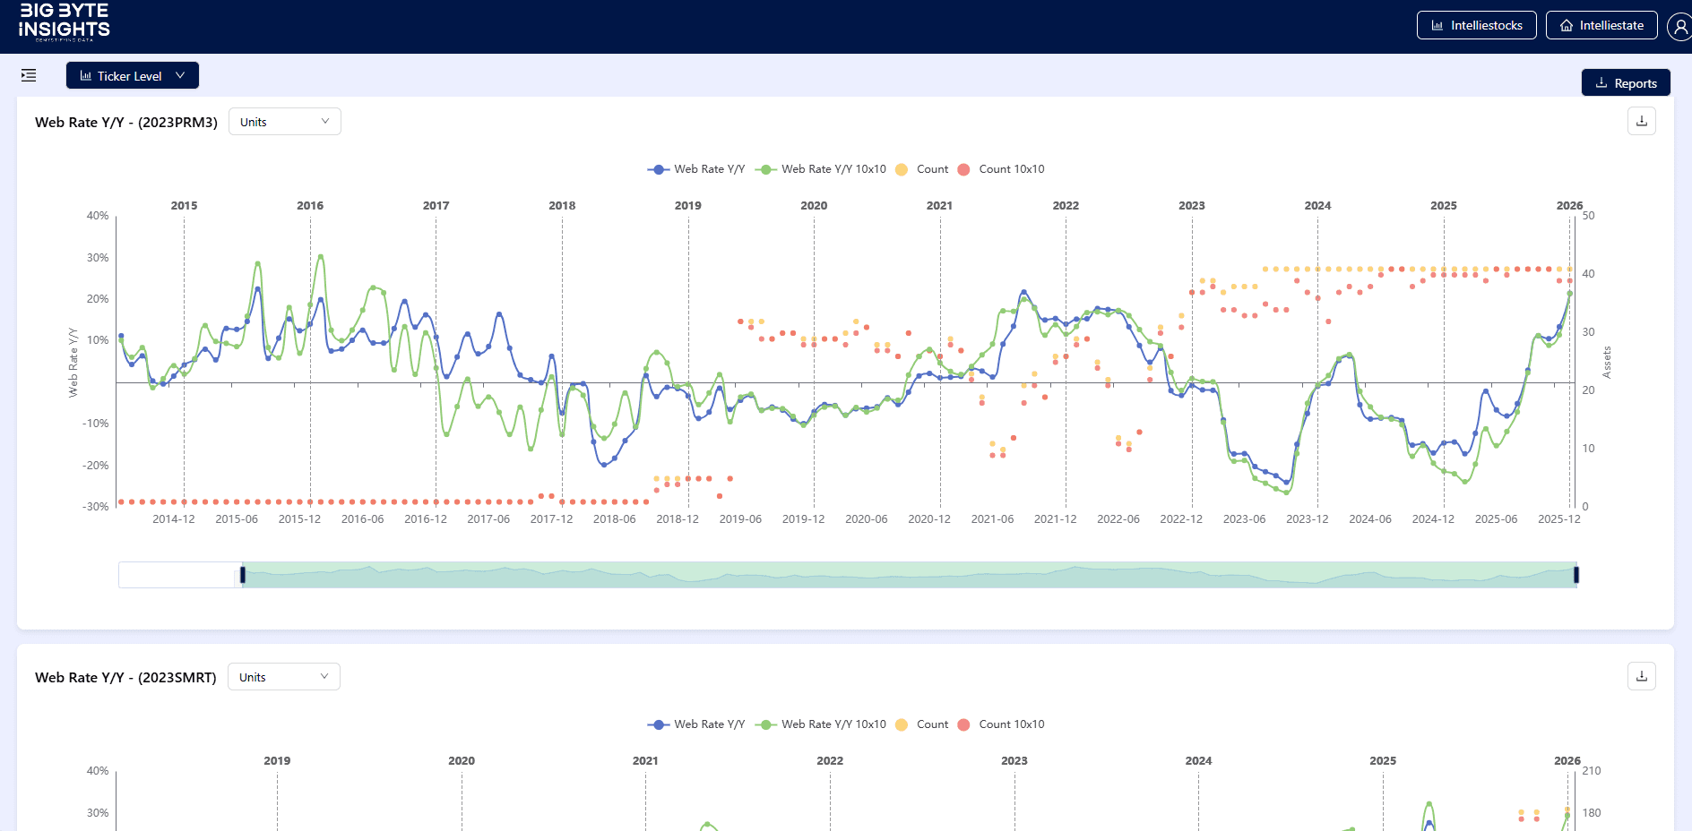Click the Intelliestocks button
[1476, 25]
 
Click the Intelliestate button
[1601, 25]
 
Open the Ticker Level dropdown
[133, 76]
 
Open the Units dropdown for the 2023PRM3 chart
[284, 122]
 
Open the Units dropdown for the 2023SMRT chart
[283, 677]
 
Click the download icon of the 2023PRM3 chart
[1641, 121]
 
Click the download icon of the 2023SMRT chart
[1641, 676]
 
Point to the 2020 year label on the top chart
[814, 205]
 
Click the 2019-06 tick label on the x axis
[740, 519]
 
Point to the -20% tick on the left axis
[95, 466]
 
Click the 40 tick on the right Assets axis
[1588, 274]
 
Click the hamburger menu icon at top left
[29, 75]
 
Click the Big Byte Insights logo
[64, 21]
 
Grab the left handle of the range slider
[242, 575]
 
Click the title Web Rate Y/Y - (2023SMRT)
[125, 678]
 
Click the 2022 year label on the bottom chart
[830, 760]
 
